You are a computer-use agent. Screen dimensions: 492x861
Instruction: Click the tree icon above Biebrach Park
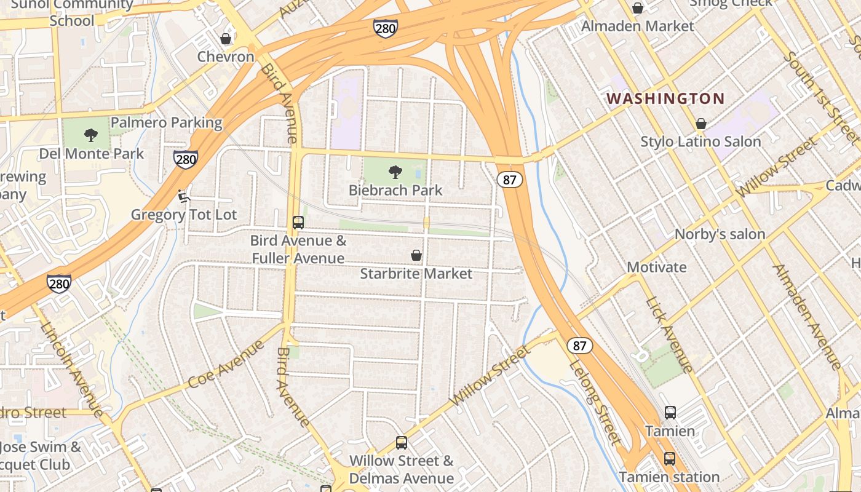pyautogui.click(x=395, y=172)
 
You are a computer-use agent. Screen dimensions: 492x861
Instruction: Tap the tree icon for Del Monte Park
pyautogui.click(x=91, y=135)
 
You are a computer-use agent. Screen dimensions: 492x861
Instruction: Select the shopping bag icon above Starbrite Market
pyautogui.click(x=416, y=255)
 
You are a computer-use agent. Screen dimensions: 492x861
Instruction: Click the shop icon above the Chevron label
pyautogui.click(x=226, y=39)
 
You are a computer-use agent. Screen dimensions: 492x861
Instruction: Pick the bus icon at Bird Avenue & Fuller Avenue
pyautogui.click(x=298, y=222)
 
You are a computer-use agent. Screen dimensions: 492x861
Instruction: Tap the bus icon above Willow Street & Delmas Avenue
pyautogui.click(x=402, y=442)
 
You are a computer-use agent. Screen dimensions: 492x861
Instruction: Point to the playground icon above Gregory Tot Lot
pyautogui.click(x=183, y=196)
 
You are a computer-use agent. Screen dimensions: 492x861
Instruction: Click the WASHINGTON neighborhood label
pyautogui.click(x=665, y=98)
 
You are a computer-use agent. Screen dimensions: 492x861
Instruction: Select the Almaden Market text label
pyautogui.click(x=637, y=26)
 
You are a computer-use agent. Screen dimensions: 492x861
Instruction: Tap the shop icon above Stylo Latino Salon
pyautogui.click(x=700, y=124)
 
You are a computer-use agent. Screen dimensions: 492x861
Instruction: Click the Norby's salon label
pyautogui.click(x=720, y=234)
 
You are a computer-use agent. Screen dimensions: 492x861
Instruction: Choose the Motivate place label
pyautogui.click(x=656, y=267)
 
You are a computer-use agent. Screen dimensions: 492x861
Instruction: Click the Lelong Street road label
pyautogui.click(x=595, y=403)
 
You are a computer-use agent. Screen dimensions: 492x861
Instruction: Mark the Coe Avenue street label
pyautogui.click(x=226, y=365)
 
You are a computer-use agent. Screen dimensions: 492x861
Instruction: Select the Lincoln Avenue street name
pyautogui.click(x=72, y=368)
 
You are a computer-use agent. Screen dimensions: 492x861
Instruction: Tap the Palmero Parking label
pyautogui.click(x=166, y=122)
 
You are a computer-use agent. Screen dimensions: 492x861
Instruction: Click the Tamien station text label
pyautogui.click(x=669, y=477)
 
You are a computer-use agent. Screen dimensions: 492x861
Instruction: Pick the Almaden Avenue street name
pyautogui.click(x=806, y=317)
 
